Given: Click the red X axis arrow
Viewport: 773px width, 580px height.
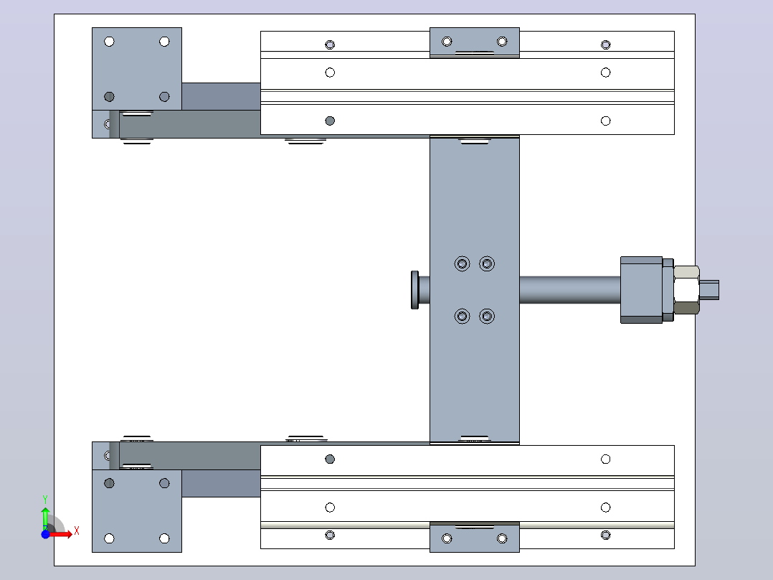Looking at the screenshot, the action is point(60,535).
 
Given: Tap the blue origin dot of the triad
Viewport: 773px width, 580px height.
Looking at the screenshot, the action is point(45,534).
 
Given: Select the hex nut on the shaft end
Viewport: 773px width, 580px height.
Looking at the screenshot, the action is point(686,290).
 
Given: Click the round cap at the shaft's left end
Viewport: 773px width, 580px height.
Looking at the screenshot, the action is point(415,290).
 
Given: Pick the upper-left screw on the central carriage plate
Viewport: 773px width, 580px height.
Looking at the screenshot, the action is point(462,263).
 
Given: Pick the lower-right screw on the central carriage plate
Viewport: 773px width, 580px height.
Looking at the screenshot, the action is point(487,317).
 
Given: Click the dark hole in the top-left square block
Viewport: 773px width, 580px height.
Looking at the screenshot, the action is point(110,97).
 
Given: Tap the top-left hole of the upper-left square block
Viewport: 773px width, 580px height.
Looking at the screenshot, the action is point(110,42).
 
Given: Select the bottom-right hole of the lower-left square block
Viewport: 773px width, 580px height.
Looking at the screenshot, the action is point(165,538).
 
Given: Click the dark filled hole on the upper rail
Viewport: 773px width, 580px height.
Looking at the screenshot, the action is point(331,121).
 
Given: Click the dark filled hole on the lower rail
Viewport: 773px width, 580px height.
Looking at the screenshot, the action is point(331,459).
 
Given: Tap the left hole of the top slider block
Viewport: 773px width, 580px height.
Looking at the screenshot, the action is point(447,42).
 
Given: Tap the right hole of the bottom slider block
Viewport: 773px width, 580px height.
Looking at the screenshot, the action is point(503,538).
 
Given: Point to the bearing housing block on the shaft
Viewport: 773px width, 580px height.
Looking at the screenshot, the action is point(641,290).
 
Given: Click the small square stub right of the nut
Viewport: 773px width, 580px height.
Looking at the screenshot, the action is point(709,290).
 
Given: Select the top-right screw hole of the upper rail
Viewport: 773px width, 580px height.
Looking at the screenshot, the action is point(606,45).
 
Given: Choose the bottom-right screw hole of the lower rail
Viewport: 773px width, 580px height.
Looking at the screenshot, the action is point(606,535).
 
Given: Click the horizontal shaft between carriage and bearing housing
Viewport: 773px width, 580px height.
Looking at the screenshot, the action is point(570,290).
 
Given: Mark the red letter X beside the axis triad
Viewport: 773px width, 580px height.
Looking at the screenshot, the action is point(77,531).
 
